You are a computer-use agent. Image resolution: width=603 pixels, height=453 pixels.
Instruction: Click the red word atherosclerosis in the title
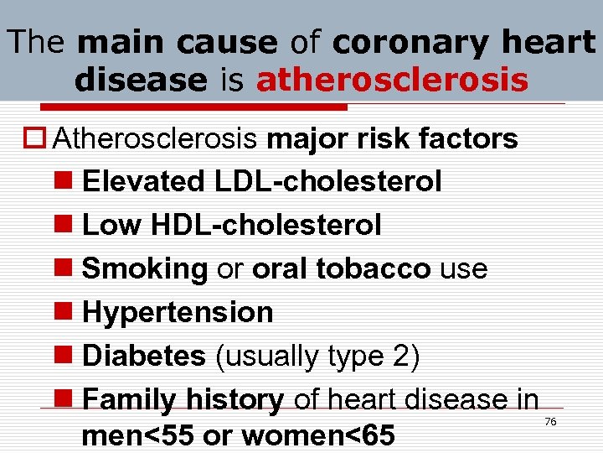pyautogui.click(x=392, y=80)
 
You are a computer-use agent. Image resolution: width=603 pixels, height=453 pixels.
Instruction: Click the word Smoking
pyautogui.click(x=145, y=268)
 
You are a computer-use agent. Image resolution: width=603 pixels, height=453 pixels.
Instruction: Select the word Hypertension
pyautogui.click(x=178, y=312)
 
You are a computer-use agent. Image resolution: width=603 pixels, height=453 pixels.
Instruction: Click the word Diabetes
pyautogui.click(x=144, y=356)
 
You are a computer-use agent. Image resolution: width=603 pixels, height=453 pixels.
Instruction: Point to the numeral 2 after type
pyautogui.click(x=400, y=356)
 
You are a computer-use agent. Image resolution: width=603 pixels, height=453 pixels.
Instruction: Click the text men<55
pyautogui.click(x=133, y=438)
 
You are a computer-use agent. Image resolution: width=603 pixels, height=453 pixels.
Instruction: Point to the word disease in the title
pyautogui.click(x=140, y=80)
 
